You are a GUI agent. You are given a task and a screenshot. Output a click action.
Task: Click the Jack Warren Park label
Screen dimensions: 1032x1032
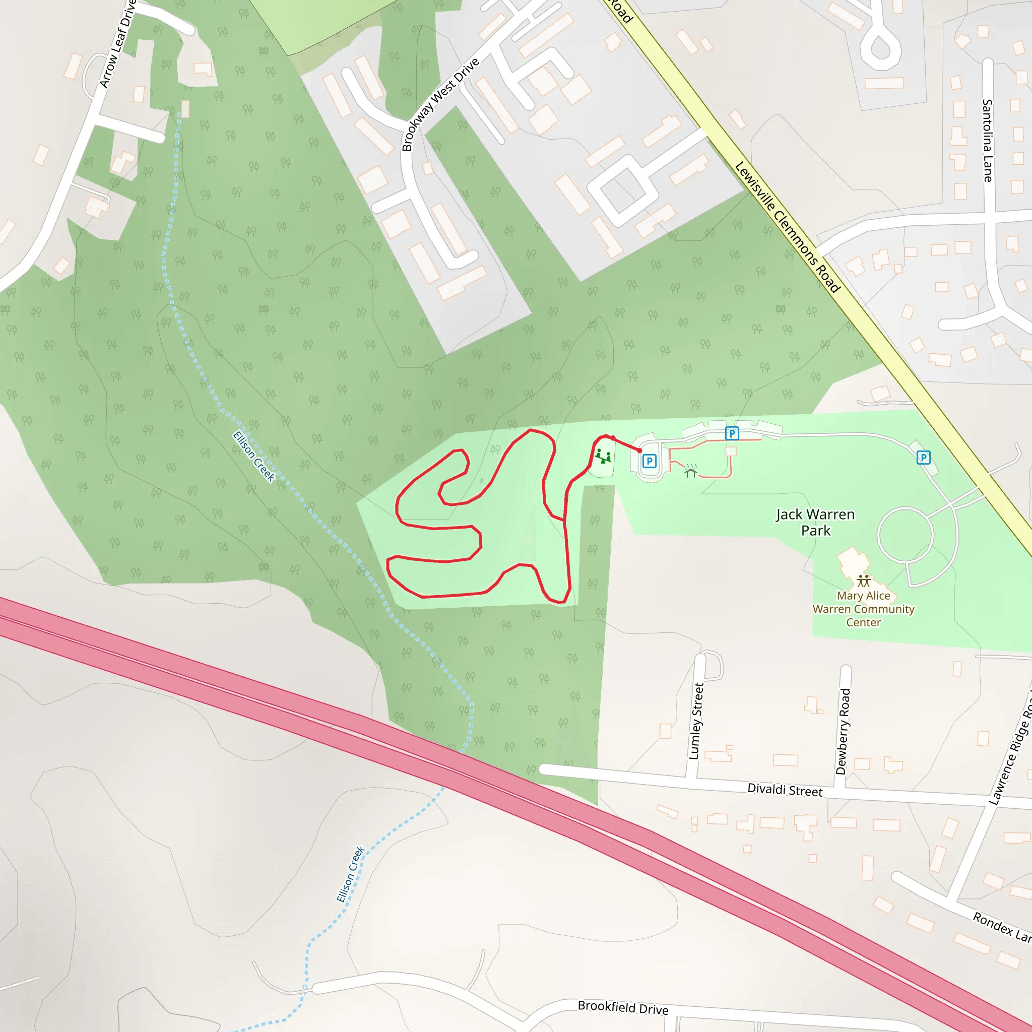coord(815,522)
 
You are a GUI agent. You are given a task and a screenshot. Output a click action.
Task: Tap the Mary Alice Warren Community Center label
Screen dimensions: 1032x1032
coord(863,608)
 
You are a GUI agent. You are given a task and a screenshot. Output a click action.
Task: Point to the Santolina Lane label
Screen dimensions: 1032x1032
coord(987,141)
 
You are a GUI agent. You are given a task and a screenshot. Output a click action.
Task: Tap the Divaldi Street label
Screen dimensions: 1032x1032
coord(784,790)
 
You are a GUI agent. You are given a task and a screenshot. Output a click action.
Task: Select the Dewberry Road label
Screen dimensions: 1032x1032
coord(843,731)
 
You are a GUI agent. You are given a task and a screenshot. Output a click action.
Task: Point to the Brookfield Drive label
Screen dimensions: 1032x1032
coord(623,1007)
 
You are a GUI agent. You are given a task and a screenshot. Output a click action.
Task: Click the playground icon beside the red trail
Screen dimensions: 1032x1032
coord(604,456)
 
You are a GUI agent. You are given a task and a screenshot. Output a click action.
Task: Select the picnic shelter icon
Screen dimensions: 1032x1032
coord(690,471)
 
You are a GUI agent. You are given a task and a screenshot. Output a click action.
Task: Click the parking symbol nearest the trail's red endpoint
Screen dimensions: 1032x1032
coord(649,461)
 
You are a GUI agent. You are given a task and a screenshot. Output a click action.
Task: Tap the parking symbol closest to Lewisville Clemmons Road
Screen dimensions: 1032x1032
coord(923,457)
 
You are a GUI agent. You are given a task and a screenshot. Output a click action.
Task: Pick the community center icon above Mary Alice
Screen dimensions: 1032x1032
coord(864,580)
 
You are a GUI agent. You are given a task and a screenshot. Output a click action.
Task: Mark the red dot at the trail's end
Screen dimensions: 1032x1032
coord(639,450)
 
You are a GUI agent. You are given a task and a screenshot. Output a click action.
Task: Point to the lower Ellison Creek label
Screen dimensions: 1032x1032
coord(351,874)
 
